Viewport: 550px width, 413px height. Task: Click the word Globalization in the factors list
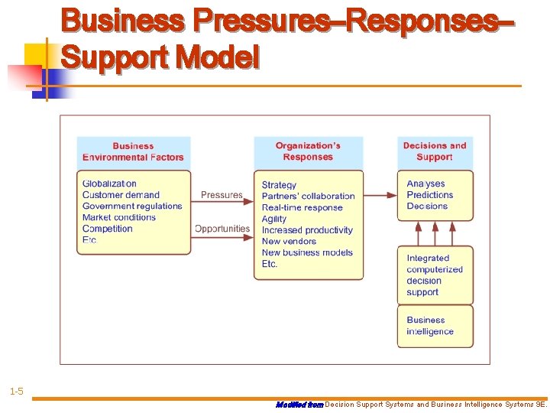109,184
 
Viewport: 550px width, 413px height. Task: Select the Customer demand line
121,195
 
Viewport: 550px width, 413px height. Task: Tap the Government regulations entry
132,206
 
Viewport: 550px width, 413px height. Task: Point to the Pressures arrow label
222,195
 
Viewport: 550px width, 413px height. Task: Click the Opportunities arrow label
222,229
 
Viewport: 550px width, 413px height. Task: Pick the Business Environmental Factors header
133,151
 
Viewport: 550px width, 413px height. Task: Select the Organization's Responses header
308,151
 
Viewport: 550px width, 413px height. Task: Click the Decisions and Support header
435,151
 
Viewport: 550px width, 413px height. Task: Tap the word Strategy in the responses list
279,185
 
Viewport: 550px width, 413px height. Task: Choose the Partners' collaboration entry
308,196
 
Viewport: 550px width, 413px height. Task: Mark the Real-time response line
302,207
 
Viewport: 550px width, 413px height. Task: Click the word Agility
274,219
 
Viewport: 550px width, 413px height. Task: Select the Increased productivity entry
307,230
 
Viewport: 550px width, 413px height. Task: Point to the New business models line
307,252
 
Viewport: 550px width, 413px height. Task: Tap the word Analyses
425,184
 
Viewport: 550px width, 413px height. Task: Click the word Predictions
430,195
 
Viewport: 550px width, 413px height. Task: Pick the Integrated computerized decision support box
435,275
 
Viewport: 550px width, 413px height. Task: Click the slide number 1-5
16,392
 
